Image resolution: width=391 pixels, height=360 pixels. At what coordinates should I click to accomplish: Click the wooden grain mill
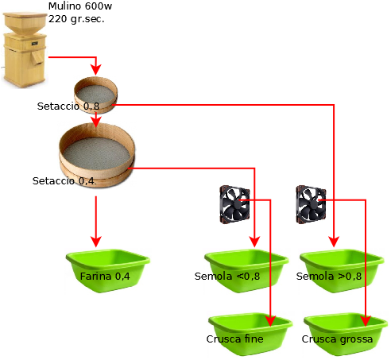pos(25,49)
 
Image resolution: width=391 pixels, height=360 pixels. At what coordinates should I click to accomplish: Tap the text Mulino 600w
pos(80,6)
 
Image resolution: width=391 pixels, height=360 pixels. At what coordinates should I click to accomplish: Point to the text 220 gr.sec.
pos(76,19)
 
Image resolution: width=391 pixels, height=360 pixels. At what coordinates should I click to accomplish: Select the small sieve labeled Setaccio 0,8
pos(95,95)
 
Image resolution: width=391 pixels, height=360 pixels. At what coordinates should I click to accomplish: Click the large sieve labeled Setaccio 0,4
pos(97,155)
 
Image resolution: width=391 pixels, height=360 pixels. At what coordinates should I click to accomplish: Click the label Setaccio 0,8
pos(68,106)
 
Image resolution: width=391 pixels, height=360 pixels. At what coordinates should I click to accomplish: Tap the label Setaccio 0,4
pos(64,181)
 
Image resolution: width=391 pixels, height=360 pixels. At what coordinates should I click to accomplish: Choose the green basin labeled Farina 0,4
pos(108,270)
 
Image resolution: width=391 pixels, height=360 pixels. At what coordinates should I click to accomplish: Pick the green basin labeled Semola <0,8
pos(246,270)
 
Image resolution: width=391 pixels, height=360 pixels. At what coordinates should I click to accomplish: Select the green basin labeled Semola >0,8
pos(342,270)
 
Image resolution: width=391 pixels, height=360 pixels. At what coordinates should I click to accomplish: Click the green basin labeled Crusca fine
pos(250,335)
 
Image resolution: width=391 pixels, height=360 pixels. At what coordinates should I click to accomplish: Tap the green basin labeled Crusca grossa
pos(346,335)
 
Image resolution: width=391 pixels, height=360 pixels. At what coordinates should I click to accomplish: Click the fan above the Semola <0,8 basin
pos(234,204)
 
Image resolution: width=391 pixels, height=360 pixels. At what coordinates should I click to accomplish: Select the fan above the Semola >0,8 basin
pos(311,204)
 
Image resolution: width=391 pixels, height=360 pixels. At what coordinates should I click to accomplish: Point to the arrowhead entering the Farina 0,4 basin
pos(96,242)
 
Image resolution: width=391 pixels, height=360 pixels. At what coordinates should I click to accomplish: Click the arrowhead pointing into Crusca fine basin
pos(270,321)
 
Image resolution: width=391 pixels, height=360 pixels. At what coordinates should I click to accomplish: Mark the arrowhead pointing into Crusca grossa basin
pos(366,321)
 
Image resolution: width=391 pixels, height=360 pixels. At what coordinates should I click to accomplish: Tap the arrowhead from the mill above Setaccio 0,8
pos(96,70)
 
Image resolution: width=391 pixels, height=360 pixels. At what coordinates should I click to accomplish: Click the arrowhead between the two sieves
pos(96,122)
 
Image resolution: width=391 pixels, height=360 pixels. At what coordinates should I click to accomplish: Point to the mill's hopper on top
pos(25,23)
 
